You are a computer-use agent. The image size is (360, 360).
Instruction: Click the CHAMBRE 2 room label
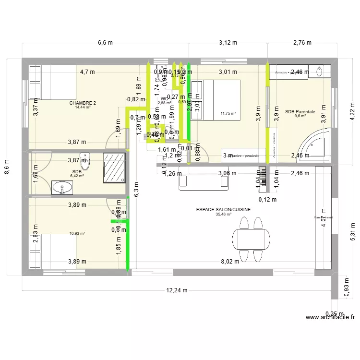click(83, 103)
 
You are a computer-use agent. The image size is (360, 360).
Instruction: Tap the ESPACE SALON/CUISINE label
click(223, 210)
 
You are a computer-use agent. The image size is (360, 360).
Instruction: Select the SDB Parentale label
click(300, 111)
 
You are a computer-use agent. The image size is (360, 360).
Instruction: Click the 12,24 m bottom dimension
click(177, 290)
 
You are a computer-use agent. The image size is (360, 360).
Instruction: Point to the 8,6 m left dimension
click(7, 168)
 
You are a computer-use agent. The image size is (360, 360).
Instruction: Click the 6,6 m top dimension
click(105, 42)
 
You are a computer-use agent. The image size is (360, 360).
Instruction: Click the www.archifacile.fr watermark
click(331, 317)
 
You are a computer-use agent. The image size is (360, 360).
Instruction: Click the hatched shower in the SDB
click(115, 168)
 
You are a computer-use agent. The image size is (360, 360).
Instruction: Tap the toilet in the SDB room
click(85, 162)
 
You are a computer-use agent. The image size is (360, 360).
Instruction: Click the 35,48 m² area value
click(223, 215)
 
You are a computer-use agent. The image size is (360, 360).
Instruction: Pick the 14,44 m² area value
click(83, 107)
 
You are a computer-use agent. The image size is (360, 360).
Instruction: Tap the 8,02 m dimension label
click(229, 262)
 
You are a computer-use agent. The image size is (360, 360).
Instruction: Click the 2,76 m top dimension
click(302, 42)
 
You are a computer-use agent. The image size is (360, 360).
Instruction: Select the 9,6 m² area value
click(300, 116)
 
